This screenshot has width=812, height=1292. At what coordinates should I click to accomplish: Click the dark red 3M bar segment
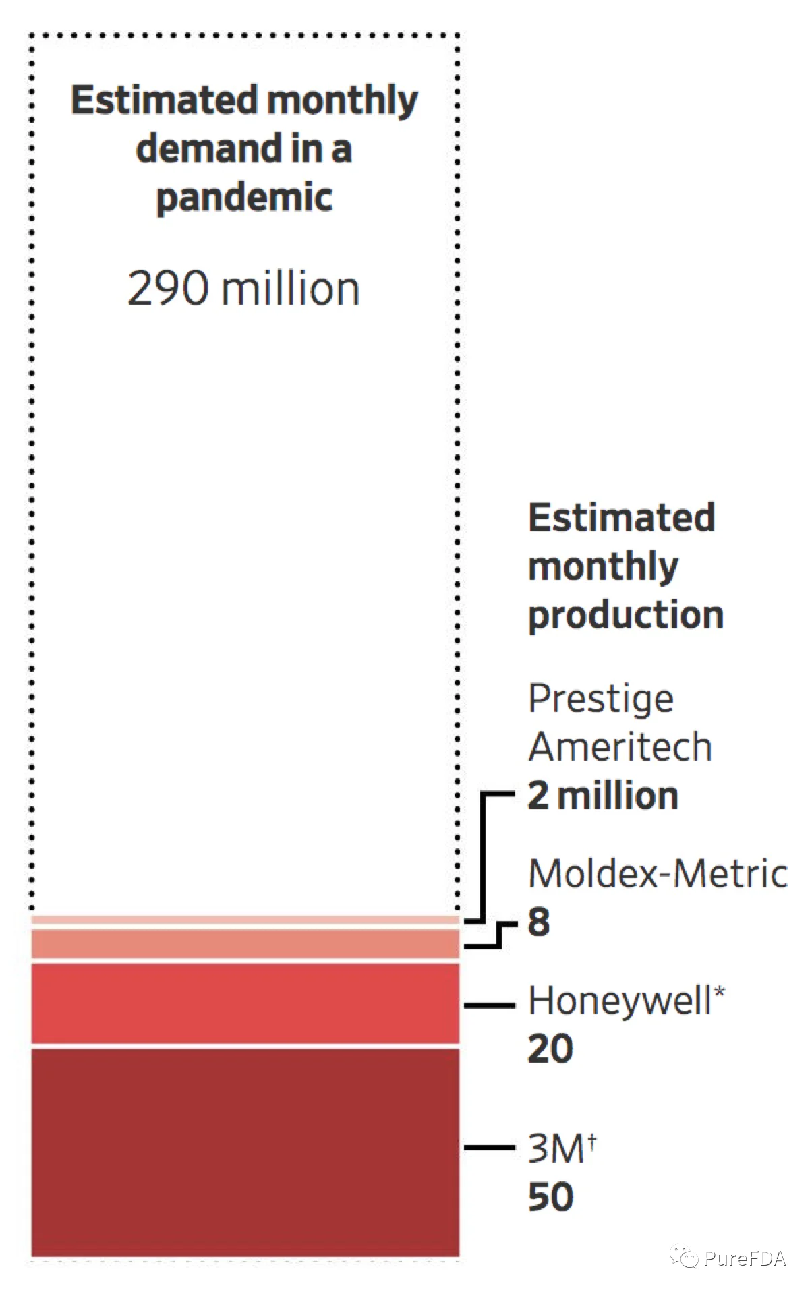click(245, 1152)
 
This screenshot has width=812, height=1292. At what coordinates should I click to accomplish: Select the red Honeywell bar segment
click(245, 1003)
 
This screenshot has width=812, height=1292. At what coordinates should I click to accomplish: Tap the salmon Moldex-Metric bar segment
click(245, 943)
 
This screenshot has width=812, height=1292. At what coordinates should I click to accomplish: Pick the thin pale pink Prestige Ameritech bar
click(245, 920)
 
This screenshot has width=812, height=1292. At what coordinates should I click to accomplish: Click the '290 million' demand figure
click(243, 289)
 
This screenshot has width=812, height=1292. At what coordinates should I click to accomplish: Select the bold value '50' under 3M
click(550, 1197)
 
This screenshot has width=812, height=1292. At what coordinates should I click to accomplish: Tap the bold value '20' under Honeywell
click(550, 1049)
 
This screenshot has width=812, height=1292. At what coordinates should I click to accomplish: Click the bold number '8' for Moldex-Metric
click(539, 922)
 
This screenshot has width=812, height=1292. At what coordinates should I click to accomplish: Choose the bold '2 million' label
click(603, 796)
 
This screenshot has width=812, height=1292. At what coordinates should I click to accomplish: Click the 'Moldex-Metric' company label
click(658, 873)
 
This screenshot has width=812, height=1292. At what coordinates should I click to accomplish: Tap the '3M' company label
click(556, 1148)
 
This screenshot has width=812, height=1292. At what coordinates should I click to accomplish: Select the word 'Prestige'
click(601, 699)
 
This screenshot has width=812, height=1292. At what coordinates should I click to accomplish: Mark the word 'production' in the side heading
click(626, 616)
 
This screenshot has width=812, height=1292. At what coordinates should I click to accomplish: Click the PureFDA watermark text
click(745, 1258)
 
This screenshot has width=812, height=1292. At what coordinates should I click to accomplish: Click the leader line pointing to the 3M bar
click(490, 1147)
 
